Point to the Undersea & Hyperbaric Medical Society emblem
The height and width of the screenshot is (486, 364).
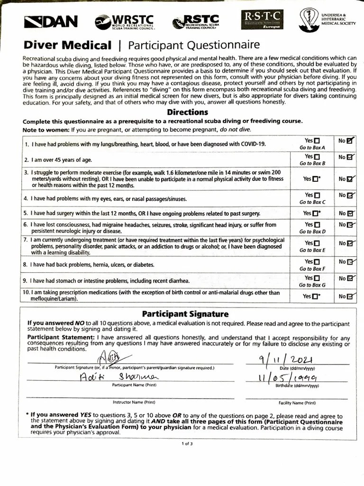[309, 19]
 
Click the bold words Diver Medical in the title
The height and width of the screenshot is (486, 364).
[68, 46]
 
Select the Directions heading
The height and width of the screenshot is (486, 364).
[187, 112]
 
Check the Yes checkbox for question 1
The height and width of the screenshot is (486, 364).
[317, 141]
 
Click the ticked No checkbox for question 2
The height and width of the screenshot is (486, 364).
[350, 157]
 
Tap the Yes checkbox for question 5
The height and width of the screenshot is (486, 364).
[316, 214]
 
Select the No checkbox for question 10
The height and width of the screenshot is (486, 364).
[350, 297]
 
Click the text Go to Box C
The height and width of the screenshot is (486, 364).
[312, 202]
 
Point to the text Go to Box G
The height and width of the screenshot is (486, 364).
[312, 285]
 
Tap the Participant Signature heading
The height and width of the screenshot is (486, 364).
[185, 314]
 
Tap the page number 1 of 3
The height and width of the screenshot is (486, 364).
[187, 444]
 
